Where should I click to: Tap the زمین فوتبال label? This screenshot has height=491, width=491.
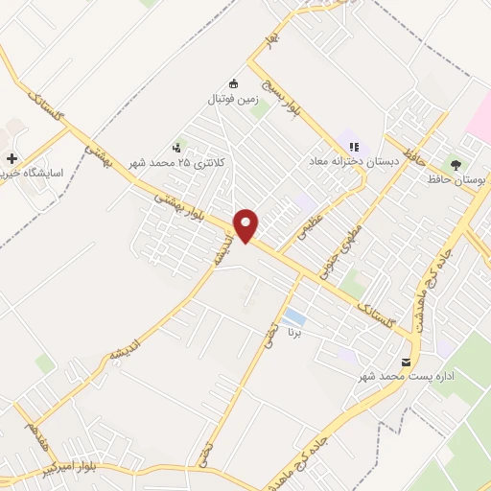tap(231, 99)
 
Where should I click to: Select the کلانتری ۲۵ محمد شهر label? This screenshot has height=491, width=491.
tap(195, 163)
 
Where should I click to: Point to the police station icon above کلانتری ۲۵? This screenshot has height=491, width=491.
tap(176, 148)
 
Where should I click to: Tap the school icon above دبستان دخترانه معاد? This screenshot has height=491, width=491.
tap(354, 147)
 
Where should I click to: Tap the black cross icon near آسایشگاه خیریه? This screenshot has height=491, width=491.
tap(11, 159)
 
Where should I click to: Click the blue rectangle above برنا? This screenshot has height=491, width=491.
tap(295, 317)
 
